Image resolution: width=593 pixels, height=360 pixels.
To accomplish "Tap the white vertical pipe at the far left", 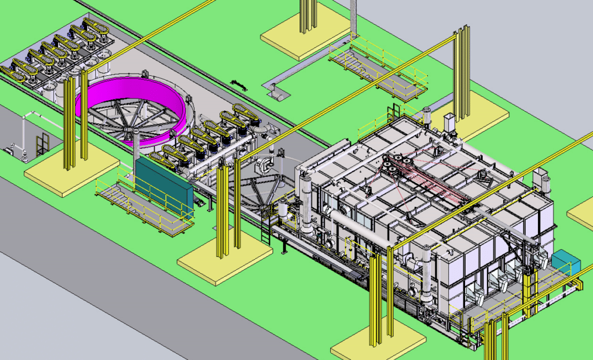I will pyautogui.click(x=24, y=133).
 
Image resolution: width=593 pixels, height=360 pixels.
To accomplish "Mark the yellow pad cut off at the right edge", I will pyautogui.click(x=582, y=213).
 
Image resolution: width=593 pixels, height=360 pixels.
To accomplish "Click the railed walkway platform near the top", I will pyautogui.click(x=379, y=69).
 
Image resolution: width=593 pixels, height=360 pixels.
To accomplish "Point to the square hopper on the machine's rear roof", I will pyautogui.click(x=449, y=123).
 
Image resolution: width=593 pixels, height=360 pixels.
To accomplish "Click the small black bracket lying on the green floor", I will pyautogui.click(x=239, y=85).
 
